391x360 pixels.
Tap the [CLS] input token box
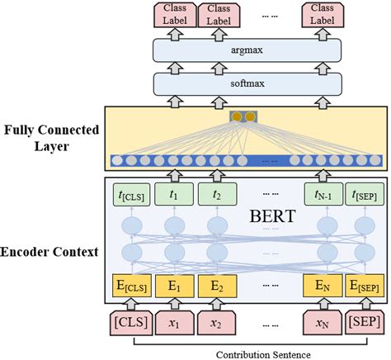tap(125, 318)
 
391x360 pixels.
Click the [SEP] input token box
tap(363, 318)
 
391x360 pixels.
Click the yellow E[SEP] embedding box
tap(363, 287)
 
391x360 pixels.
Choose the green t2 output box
tap(217, 196)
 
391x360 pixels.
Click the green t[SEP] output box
tap(363, 196)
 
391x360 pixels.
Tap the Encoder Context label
tap(52, 251)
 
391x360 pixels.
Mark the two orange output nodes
tap(244, 118)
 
